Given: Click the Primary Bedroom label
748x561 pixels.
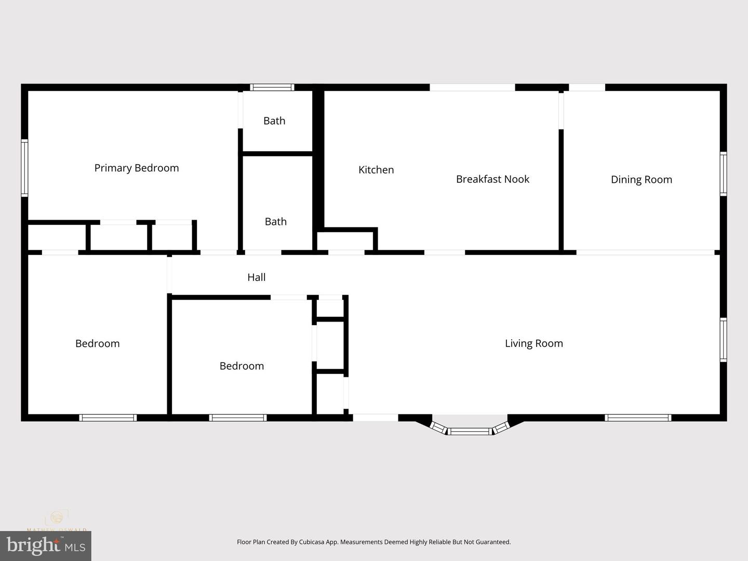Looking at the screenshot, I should click(137, 168).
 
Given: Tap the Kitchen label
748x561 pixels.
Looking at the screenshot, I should click(376, 170).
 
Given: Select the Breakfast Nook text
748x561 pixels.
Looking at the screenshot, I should click(492, 179).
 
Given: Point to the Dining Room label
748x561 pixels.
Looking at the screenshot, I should click(641, 180).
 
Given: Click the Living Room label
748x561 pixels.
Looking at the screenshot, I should click(533, 343).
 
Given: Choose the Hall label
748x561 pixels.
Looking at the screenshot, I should click(256, 277).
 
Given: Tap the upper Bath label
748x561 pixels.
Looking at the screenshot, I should click(274, 121).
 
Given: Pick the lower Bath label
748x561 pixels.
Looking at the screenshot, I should click(275, 222).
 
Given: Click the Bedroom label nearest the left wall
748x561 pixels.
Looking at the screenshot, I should click(97, 343).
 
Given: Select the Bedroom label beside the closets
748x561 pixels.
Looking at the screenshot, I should click(242, 366).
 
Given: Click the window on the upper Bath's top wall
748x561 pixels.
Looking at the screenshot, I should click(272, 87).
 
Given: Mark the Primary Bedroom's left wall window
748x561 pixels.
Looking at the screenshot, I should click(24, 168).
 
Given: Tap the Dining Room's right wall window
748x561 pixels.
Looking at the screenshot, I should click(723, 173).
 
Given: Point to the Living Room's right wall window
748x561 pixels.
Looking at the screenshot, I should click(723, 340).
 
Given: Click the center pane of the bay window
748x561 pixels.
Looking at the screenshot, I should click(470, 431).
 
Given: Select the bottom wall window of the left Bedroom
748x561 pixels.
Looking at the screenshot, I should click(108, 418).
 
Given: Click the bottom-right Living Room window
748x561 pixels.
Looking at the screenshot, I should click(638, 418).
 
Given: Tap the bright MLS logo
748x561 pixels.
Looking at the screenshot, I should click(46, 546).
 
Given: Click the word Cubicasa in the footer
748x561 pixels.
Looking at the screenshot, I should click(311, 542).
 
